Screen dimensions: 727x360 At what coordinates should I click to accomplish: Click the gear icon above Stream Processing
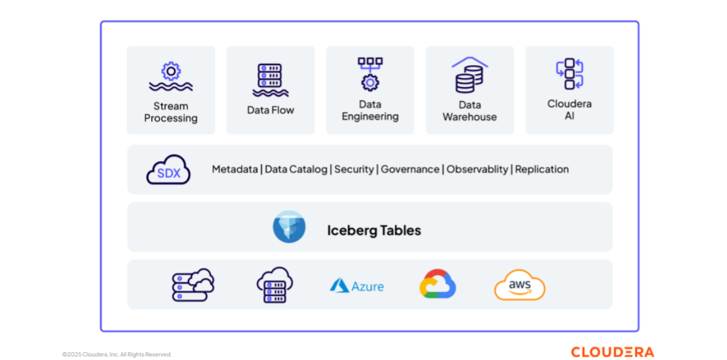[x=171, y=71]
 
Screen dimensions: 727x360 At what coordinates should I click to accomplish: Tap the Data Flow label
[x=270, y=110]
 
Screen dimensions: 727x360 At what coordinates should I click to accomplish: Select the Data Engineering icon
[x=370, y=74]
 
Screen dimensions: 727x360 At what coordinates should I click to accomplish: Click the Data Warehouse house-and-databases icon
[x=470, y=75]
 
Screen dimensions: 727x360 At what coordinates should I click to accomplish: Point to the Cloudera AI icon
[x=570, y=74]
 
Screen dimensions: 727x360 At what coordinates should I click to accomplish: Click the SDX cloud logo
[x=168, y=169]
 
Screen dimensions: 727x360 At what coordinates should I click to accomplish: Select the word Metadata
[x=235, y=169]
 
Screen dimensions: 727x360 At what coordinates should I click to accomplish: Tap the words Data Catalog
[x=296, y=169]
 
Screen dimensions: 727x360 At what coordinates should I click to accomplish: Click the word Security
[x=354, y=170]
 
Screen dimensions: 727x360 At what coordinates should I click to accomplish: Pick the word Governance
[x=410, y=169]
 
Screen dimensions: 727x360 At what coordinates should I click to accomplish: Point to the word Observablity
[x=477, y=170]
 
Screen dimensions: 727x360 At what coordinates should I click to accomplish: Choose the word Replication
[x=542, y=170]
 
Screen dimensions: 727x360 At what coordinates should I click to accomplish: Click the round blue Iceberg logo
[x=289, y=227]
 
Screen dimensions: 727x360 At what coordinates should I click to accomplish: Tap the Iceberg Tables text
[x=374, y=230]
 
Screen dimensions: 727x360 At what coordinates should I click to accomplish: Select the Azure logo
[x=357, y=285]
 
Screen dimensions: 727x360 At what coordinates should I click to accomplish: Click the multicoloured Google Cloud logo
[x=438, y=283]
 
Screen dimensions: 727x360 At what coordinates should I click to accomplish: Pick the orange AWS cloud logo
[x=520, y=285]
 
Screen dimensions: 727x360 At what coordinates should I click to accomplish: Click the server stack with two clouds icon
[x=193, y=285]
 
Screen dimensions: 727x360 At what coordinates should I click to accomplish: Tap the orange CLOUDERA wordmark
[x=613, y=351]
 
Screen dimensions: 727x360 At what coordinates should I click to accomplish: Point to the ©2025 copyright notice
[x=117, y=355]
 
